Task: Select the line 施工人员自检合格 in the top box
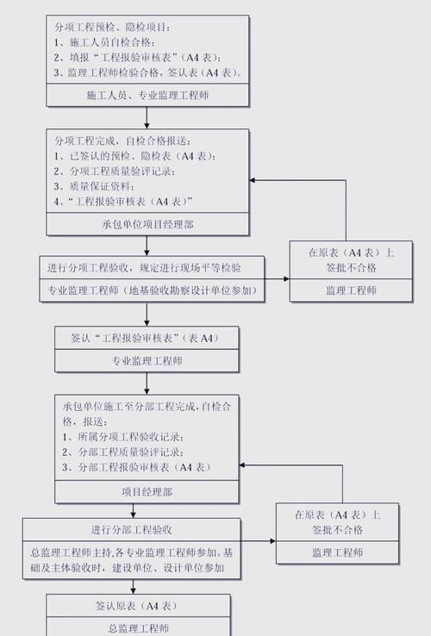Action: point(107,41)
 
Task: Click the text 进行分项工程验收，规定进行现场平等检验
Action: point(144,268)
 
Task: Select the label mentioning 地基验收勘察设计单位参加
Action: point(151,291)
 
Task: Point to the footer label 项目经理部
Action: point(147,492)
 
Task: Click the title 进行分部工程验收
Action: point(131,529)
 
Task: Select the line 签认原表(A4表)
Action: point(138,606)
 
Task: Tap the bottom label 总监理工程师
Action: point(138,628)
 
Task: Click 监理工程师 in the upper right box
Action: point(351,291)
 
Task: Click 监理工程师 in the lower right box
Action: point(337,552)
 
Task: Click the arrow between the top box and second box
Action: point(147,119)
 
